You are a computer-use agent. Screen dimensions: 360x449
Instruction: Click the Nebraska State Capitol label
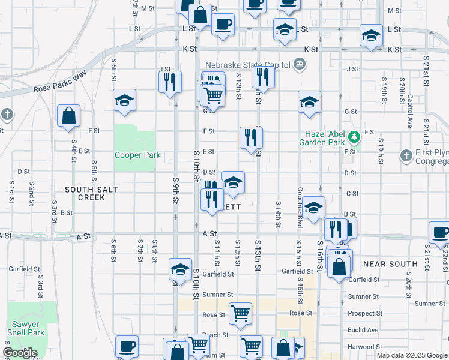click(247, 65)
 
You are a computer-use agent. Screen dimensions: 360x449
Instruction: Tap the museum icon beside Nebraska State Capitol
click(298, 65)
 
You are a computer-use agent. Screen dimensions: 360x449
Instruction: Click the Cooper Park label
click(137, 155)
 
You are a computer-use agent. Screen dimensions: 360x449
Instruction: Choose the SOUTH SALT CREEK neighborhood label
click(92, 193)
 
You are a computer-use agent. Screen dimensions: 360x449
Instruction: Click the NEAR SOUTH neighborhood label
click(390, 264)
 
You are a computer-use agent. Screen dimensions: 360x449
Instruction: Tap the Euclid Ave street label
click(363, 330)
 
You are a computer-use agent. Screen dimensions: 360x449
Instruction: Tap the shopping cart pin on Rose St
click(240, 313)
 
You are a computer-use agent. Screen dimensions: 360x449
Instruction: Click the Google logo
click(20, 353)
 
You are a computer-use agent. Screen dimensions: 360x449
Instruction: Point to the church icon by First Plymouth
click(406, 156)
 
